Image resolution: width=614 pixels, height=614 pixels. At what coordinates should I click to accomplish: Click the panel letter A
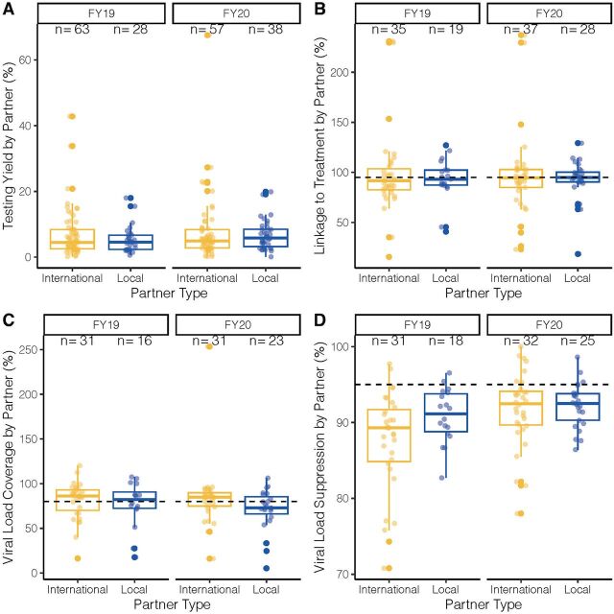pos(9,9)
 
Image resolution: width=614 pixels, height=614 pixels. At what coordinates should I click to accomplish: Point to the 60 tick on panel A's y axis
pos(28,59)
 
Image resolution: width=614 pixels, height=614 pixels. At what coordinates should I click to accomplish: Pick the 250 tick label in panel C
pos(23,350)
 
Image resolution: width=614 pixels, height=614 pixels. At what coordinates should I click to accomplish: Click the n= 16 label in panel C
pos(131,341)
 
